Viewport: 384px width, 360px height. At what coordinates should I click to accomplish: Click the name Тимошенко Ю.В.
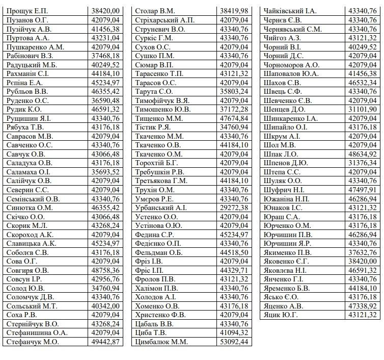(x=163, y=109)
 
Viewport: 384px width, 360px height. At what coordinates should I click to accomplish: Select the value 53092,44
(x=234, y=342)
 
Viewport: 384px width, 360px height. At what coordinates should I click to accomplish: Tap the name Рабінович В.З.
(x=30, y=56)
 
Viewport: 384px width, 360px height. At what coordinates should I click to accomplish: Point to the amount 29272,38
(x=234, y=208)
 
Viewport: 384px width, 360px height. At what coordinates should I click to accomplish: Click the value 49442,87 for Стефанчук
(x=106, y=342)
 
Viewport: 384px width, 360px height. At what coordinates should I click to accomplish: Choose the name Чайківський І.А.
(x=290, y=11)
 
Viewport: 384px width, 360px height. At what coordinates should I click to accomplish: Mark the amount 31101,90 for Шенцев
(x=363, y=109)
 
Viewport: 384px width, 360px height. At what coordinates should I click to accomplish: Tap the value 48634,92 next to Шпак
(x=363, y=154)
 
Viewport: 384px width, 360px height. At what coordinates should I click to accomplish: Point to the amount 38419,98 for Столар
(x=234, y=11)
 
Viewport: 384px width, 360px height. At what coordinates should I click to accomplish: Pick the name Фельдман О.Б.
(x=159, y=252)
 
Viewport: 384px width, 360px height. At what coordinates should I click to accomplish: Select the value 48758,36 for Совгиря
(x=106, y=270)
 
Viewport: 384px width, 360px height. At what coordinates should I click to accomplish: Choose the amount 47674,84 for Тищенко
(x=234, y=118)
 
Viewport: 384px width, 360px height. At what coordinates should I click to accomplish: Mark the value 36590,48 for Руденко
(x=106, y=100)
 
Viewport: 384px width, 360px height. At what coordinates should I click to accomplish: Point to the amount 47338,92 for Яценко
(x=363, y=306)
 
